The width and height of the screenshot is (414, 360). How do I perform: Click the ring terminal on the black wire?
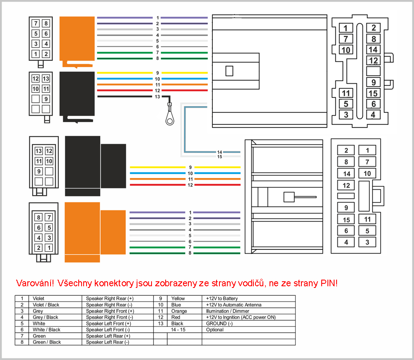tap(169, 120)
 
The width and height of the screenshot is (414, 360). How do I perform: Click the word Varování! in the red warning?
tap(35, 283)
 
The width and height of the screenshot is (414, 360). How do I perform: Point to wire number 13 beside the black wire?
tap(157, 97)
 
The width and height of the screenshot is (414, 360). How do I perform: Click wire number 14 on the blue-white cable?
tap(220, 152)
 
